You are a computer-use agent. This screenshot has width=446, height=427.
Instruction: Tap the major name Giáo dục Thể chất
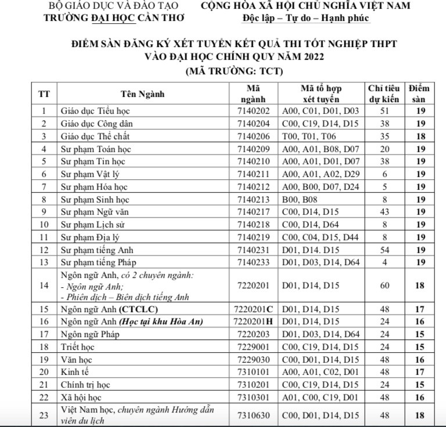click(95, 136)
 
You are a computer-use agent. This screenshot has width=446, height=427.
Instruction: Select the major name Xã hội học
click(82, 397)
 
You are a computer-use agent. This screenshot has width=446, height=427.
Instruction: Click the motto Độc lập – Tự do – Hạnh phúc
click(306, 17)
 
